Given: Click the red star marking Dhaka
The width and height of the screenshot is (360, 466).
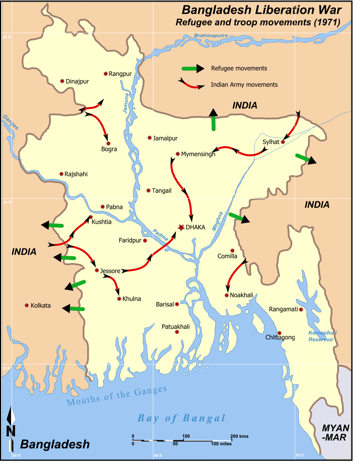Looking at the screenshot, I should click(181, 228).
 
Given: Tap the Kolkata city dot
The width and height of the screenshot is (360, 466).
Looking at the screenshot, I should click(27, 305).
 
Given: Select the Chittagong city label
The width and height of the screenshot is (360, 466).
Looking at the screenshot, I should click(280, 337).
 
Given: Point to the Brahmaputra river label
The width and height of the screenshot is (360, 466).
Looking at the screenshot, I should click(211, 36).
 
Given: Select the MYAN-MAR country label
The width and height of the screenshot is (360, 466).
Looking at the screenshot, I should click(335, 432).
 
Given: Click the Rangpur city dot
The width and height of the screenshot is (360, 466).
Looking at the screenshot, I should click(105, 74).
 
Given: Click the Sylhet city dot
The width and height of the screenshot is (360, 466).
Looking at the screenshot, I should click(283, 142).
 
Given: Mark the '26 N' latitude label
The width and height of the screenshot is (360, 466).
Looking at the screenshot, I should click(7, 37).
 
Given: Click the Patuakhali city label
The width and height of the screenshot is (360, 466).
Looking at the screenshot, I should click(176, 327).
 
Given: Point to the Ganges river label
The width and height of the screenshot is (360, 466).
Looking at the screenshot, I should click(10, 121).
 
